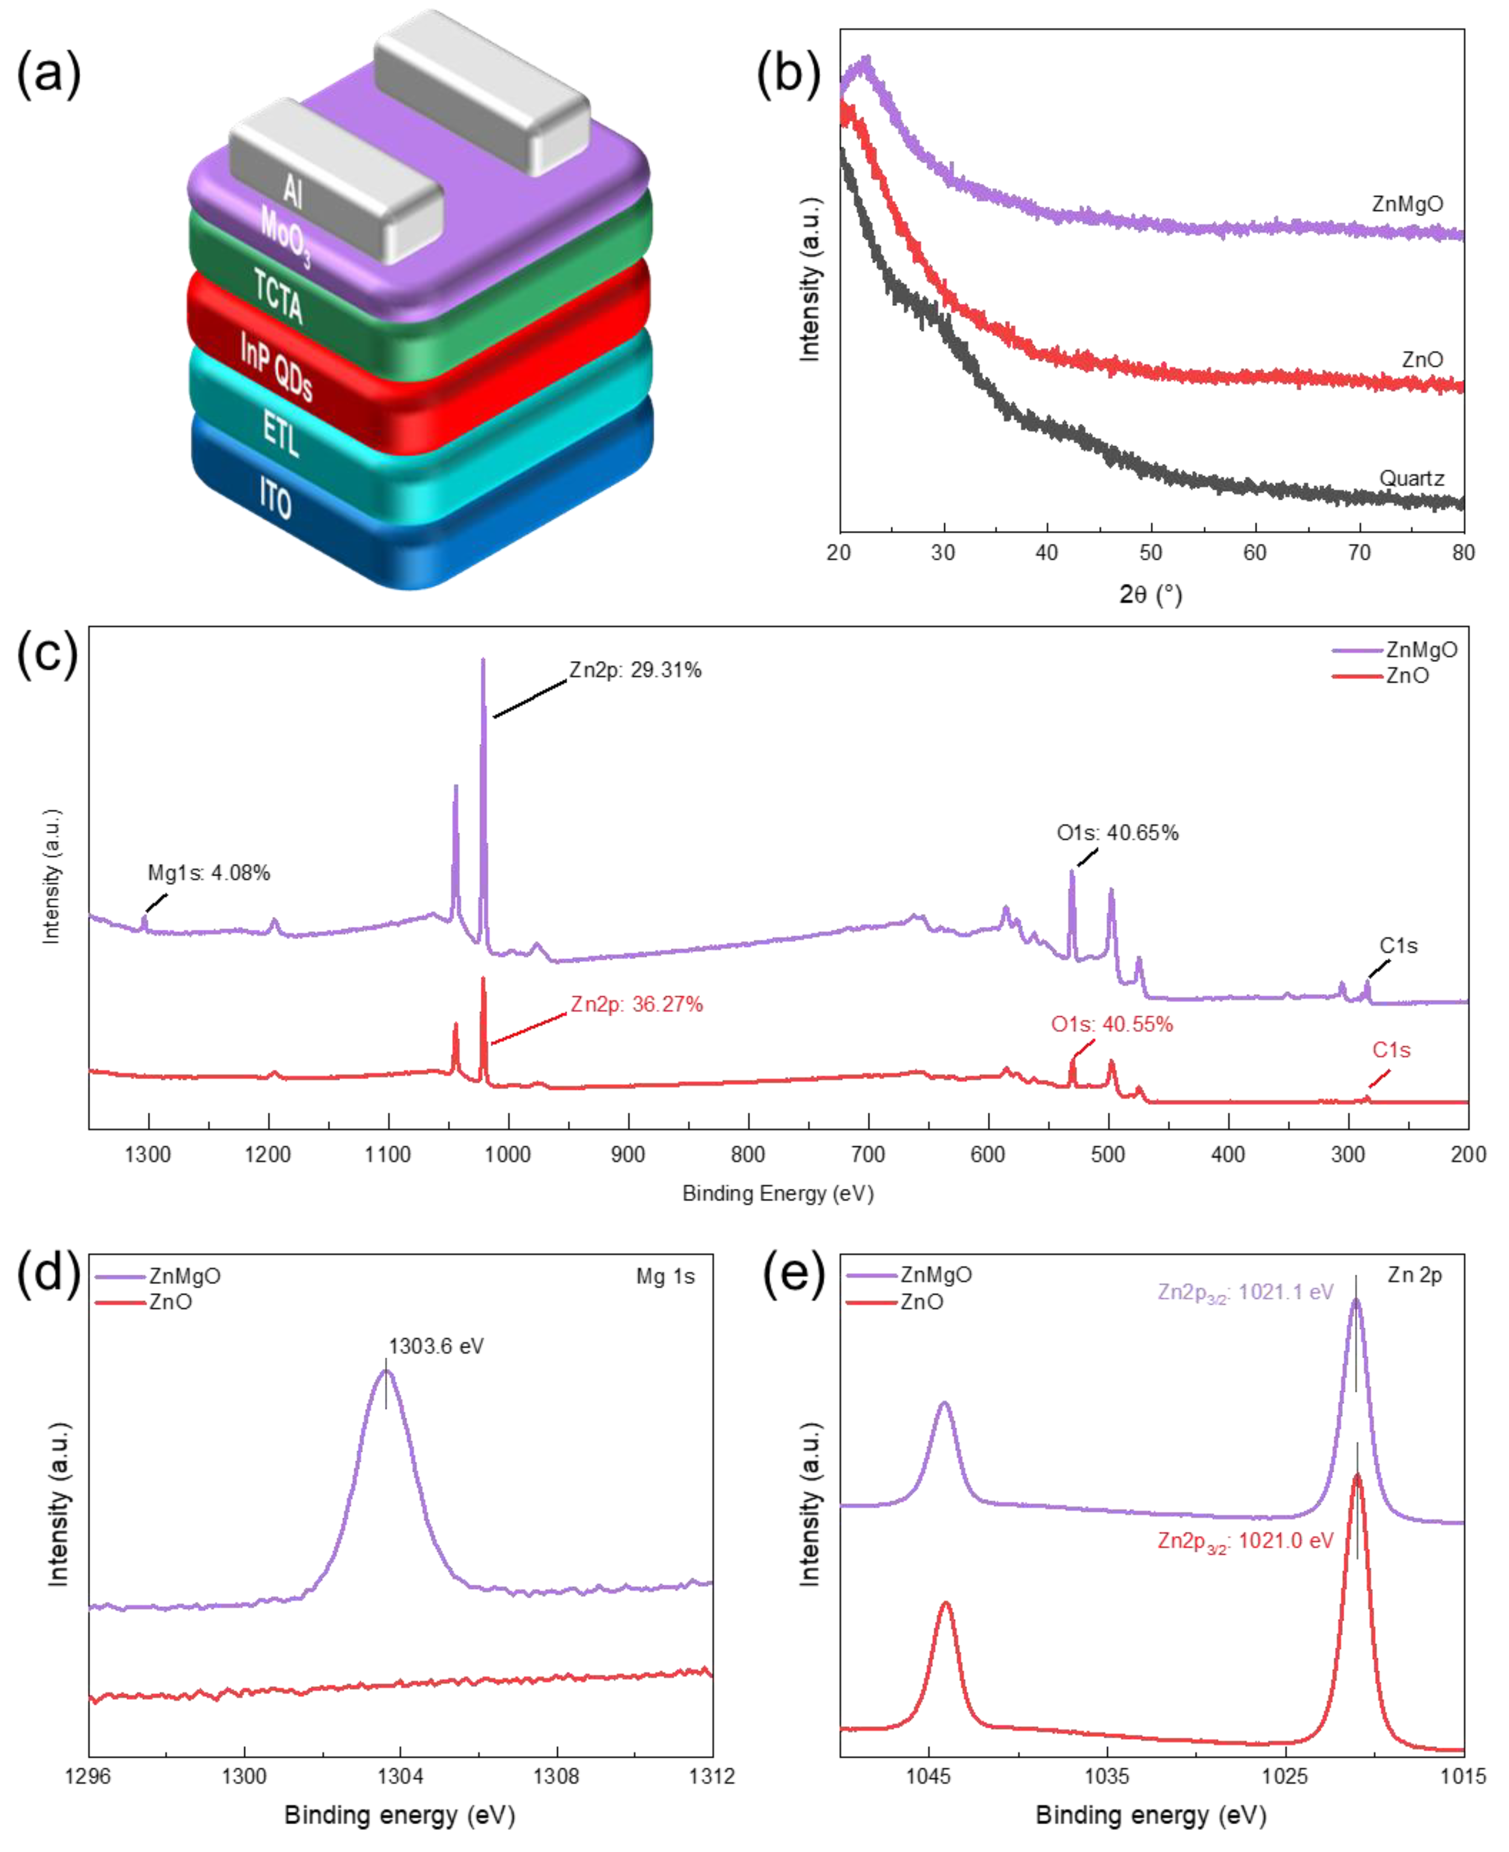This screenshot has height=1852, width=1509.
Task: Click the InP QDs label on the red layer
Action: click(x=276, y=366)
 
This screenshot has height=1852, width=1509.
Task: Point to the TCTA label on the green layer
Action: click(x=278, y=296)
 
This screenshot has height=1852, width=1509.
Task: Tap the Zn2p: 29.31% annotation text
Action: click(x=635, y=670)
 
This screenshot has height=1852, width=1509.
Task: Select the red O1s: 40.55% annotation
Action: click(x=1112, y=1024)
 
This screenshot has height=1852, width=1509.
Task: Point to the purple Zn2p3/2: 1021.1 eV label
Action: click(x=1245, y=1292)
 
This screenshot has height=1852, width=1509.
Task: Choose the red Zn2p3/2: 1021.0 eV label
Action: click(x=1245, y=1541)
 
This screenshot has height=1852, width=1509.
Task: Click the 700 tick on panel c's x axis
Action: click(x=867, y=1155)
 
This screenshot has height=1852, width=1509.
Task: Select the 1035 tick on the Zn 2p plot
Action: click(x=1106, y=1775)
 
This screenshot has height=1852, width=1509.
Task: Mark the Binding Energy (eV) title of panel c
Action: click(x=778, y=1193)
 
